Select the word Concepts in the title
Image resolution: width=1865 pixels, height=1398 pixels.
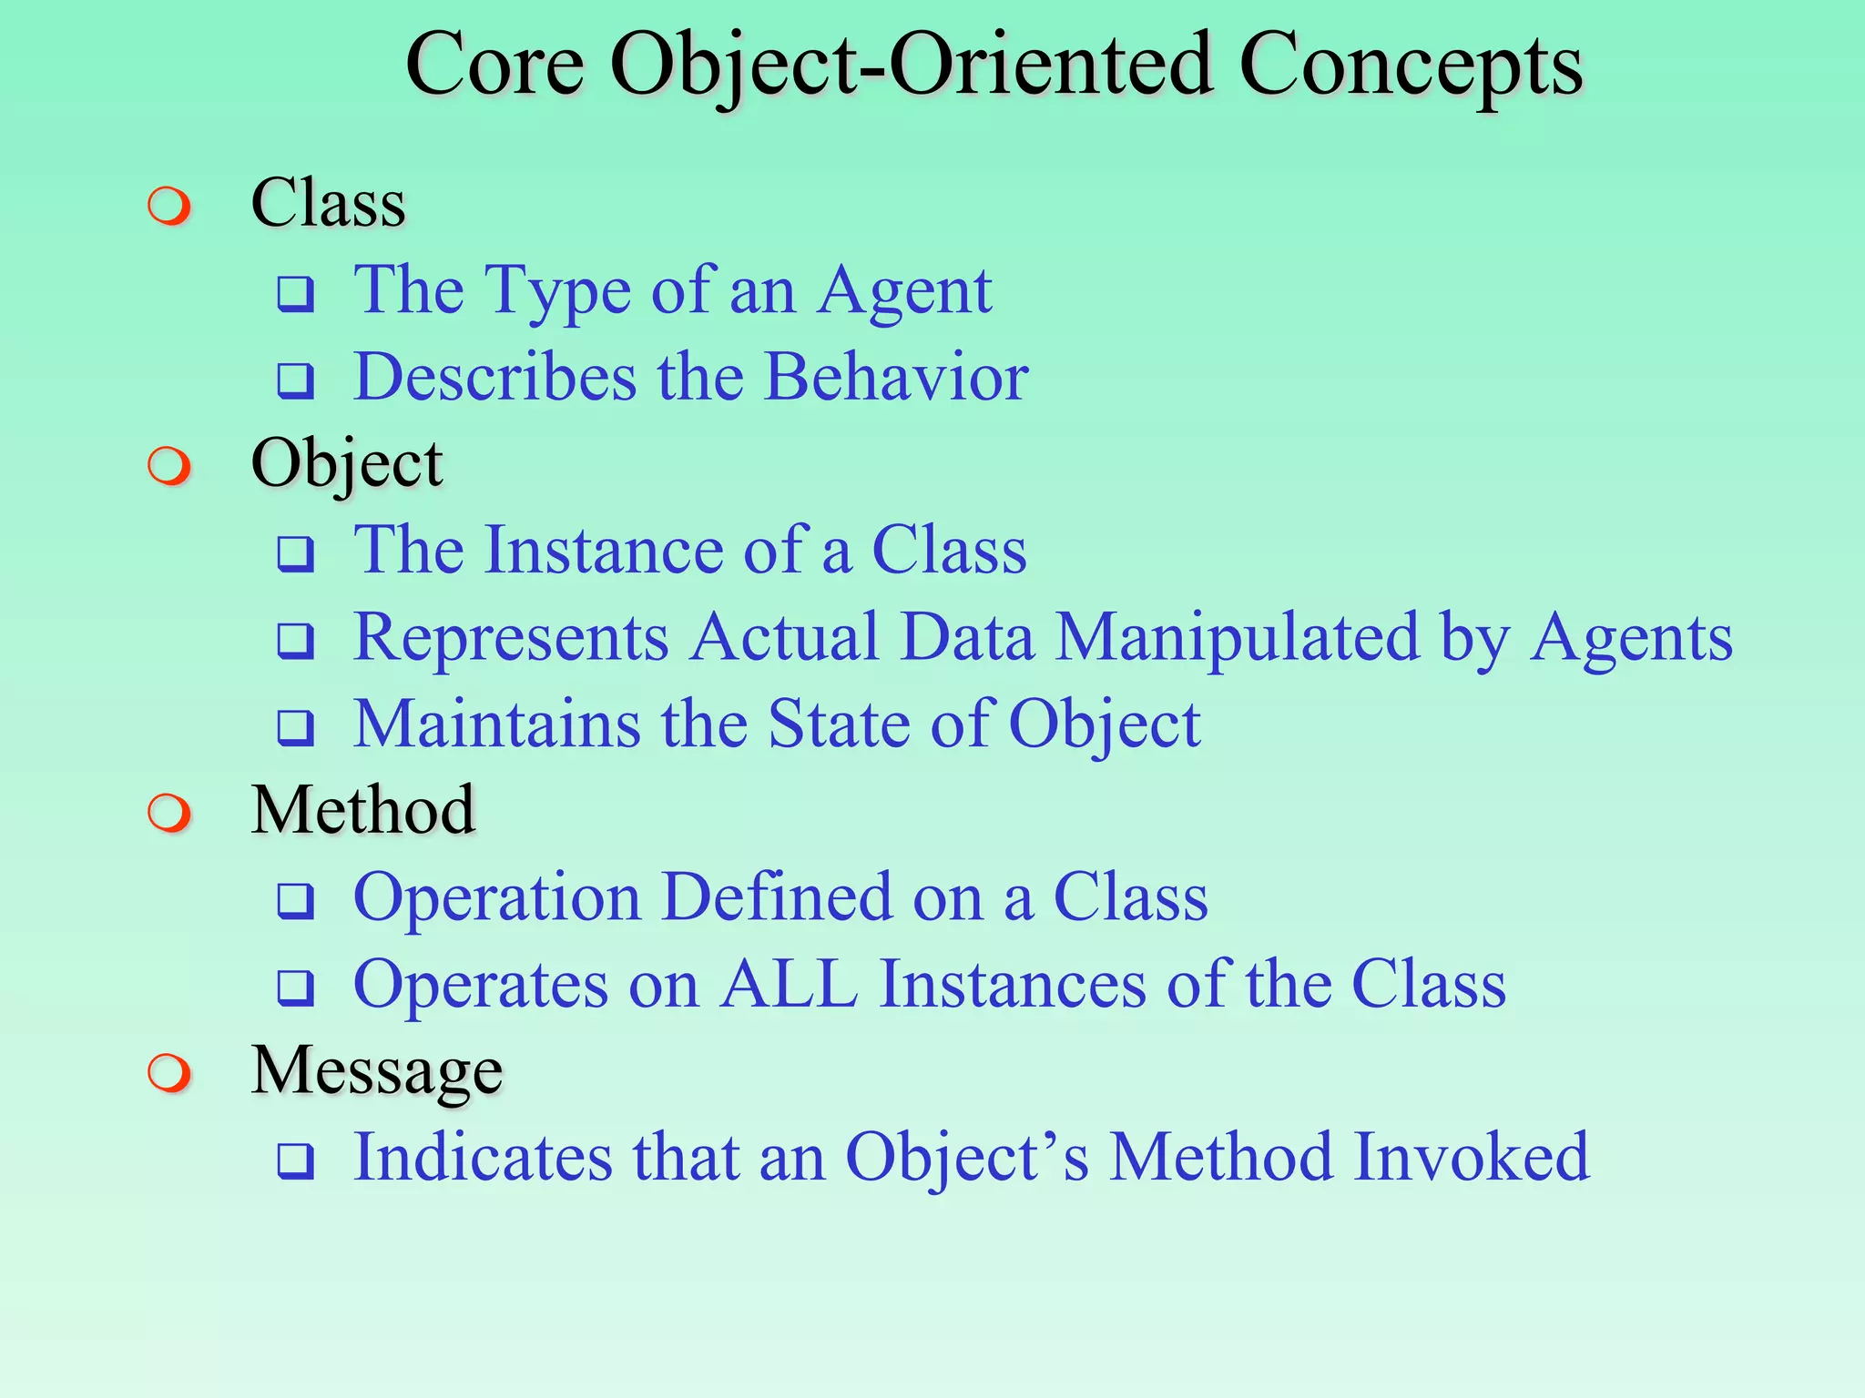pyautogui.click(x=1411, y=66)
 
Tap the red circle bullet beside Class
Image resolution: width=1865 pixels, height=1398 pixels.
pyautogui.click(x=169, y=206)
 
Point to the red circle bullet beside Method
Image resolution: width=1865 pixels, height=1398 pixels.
pyautogui.click(x=169, y=813)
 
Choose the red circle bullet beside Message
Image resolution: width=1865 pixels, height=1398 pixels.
pyautogui.click(x=169, y=1073)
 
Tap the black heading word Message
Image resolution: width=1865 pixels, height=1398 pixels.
pyautogui.click(x=376, y=1071)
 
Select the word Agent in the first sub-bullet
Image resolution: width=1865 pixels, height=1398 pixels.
pyautogui.click(x=903, y=291)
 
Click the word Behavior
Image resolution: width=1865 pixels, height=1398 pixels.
pyautogui.click(x=896, y=377)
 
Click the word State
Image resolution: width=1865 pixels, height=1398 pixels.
pyautogui.click(x=839, y=724)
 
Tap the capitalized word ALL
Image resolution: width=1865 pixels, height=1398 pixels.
pyautogui.click(x=789, y=985)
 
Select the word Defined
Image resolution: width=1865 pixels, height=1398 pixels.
pyautogui.click(x=777, y=898)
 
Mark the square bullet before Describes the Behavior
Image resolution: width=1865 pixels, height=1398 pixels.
pyautogui.click(x=296, y=380)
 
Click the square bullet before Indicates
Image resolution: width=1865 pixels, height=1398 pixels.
pyautogui.click(x=296, y=1161)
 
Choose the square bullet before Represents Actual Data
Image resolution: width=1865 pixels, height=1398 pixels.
pyautogui.click(x=296, y=641)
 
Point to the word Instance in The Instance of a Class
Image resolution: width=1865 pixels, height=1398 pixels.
pyautogui.click(x=603, y=551)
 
